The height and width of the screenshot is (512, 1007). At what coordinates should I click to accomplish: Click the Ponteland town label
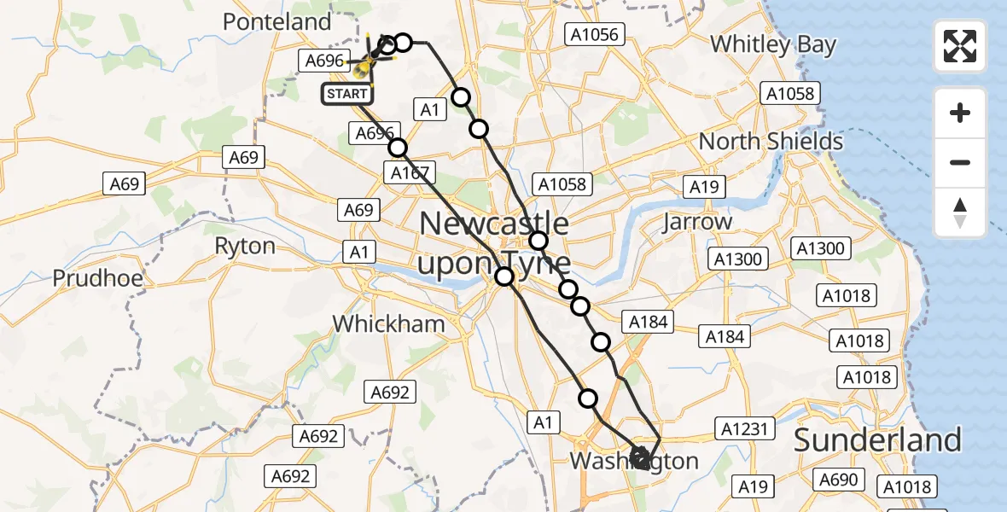[276, 22]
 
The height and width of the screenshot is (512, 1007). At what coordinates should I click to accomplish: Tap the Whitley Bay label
[773, 44]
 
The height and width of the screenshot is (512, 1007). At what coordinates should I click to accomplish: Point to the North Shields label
[771, 142]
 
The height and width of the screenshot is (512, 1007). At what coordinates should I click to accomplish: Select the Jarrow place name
[697, 222]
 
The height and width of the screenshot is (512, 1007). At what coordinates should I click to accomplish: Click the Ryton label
[245, 247]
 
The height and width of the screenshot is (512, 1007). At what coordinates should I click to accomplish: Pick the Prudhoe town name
[97, 278]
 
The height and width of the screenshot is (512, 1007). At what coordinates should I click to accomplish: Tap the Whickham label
[388, 324]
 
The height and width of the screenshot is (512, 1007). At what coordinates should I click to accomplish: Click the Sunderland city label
[877, 440]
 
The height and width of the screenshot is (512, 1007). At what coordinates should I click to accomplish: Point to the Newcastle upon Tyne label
[494, 243]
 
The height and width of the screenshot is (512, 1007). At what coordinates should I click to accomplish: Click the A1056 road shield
[596, 35]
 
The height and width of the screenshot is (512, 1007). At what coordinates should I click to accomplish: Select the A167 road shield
[410, 173]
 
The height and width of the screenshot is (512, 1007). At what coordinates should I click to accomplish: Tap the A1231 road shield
[744, 429]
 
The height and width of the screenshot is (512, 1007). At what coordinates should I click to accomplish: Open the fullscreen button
[960, 46]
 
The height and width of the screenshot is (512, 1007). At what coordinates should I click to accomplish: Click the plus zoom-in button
[960, 113]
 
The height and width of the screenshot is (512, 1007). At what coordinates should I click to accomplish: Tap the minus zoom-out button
[960, 162]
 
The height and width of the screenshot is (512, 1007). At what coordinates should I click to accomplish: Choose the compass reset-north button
[960, 212]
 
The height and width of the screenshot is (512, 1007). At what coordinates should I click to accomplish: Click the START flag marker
[346, 94]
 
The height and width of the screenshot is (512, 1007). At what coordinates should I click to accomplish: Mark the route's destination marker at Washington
[640, 457]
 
